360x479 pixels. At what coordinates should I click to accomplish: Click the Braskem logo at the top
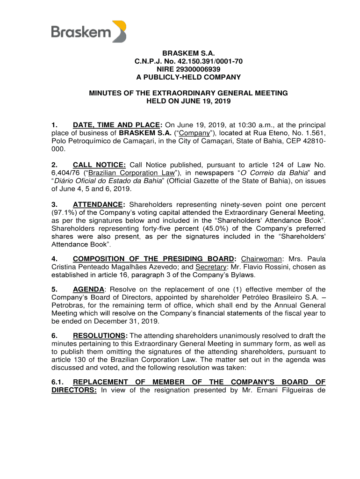[x=88, y=31]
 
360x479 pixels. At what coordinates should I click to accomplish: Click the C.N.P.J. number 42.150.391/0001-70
[x=209, y=61]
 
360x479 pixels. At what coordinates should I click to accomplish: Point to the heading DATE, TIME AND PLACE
[x=117, y=125]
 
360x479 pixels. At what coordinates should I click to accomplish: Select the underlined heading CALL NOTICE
[x=99, y=165]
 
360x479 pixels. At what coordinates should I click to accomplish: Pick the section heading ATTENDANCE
[x=99, y=204]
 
